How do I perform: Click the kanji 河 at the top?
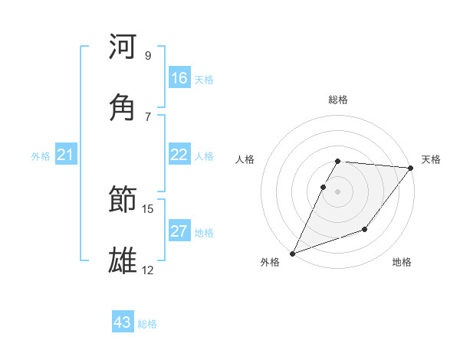pos(123,47)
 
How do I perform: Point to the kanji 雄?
pos(123,260)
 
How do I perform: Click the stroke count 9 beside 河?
pos(147,56)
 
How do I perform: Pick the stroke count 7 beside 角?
pos(147,116)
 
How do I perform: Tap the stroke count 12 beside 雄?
pos(148,270)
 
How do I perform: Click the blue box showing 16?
pos(179,78)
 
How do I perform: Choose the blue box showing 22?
pos(179,155)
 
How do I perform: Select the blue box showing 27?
pos(179,231)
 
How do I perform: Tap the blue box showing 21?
pos(66,155)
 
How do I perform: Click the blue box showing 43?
pos(123,322)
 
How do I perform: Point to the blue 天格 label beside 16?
pos(204,80)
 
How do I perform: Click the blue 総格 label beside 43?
pos(147,324)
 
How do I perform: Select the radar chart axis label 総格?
pos(338,100)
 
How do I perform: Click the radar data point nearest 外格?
pos(292,253)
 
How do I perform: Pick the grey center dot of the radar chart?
pos(338,191)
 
